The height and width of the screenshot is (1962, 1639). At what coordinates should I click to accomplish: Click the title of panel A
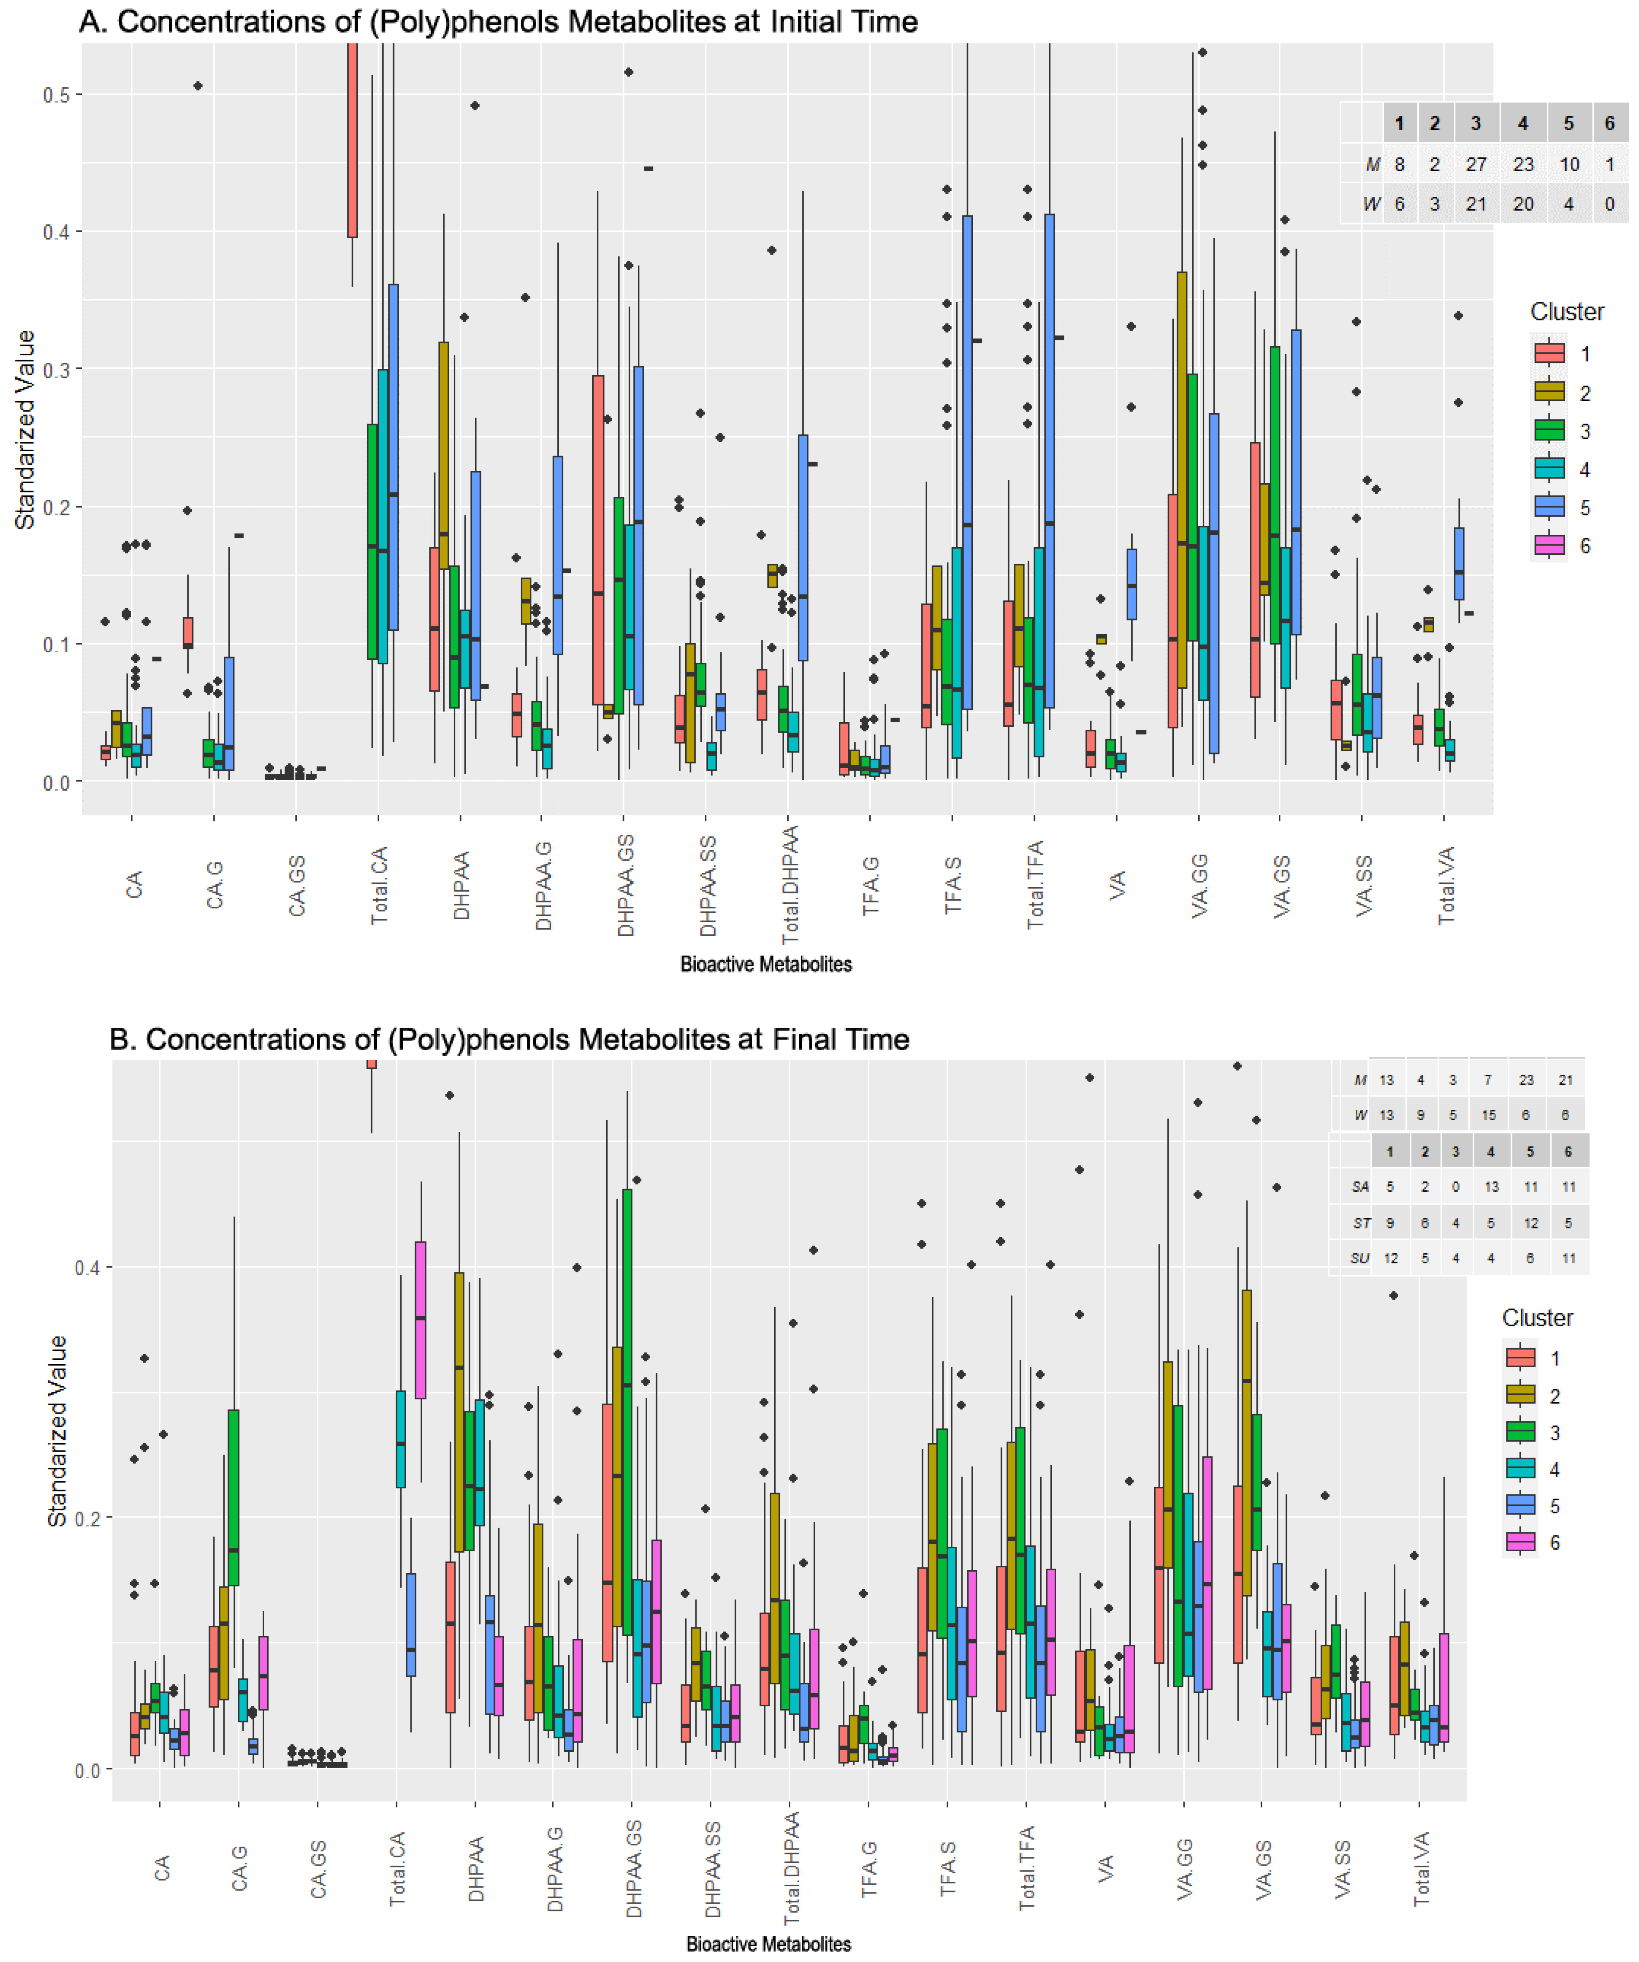pyautogui.click(x=498, y=22)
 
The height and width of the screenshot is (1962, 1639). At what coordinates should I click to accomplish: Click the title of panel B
pyautogui.click(x=509, y=1039)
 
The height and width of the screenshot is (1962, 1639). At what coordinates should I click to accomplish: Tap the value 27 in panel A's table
pyautogui.click(x=1476, y=165)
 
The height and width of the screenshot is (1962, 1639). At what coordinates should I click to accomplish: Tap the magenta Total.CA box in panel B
pyautogui.click(x=420, y=1319)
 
